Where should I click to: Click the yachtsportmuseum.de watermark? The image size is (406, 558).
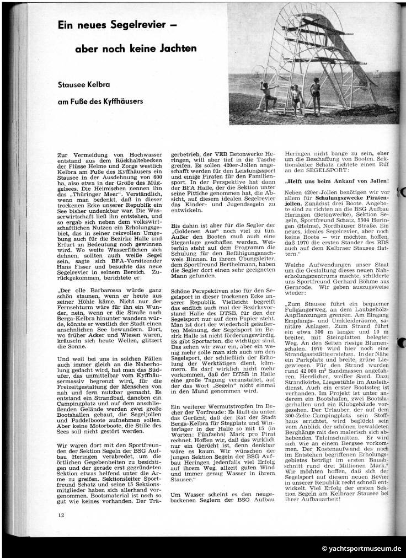[361, 549]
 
